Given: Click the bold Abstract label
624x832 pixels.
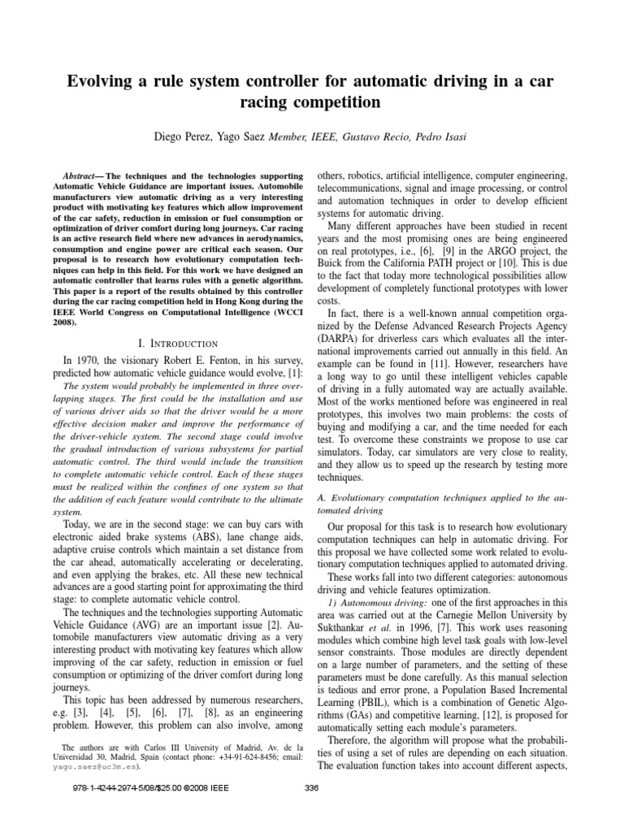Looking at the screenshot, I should pos(84,175).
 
